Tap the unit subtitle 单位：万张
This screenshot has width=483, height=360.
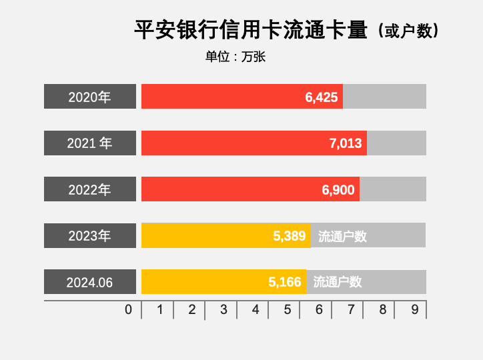point(235,57)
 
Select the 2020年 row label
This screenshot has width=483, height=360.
point(89,97)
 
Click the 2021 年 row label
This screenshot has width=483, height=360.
point(89,143)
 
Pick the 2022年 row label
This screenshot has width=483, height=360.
point(89,190)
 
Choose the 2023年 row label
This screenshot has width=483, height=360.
point(89,236)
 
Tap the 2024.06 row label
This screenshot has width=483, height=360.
point(89,283)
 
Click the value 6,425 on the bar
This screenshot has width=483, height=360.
point(322,97)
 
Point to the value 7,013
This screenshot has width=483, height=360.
point(346,143)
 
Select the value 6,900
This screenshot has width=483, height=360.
point(338,190)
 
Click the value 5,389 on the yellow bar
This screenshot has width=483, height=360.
point(290,236)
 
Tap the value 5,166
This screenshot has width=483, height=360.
point(285,282)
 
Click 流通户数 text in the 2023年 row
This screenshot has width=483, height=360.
point(342,236)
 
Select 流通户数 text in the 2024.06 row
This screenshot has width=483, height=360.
point(338,282)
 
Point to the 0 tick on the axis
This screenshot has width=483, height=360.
point(129,310)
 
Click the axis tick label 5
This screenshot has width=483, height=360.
point(287,310)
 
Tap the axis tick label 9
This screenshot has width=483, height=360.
point(414,310)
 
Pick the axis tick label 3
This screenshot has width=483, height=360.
point(223,310)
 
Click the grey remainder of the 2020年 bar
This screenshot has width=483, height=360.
point(384,97)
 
